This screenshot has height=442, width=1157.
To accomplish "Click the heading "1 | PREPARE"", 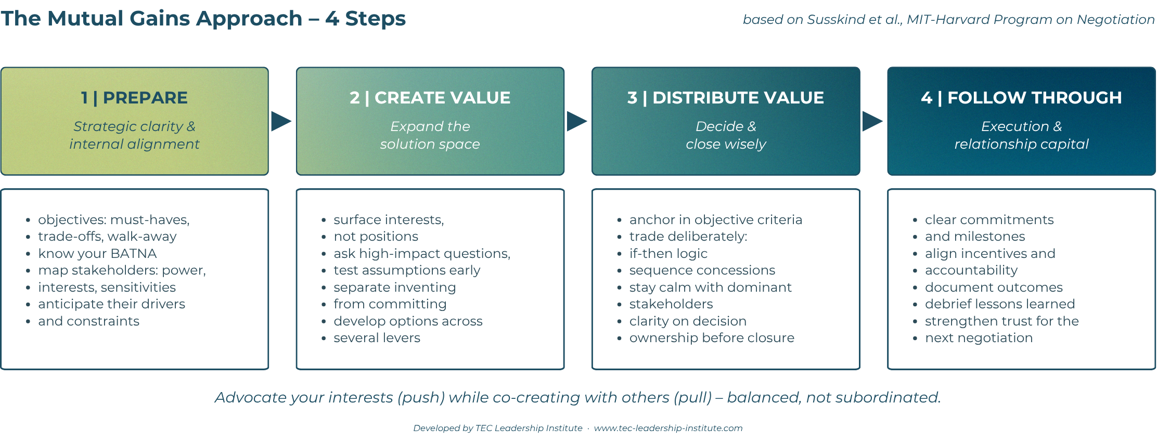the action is pos(134,98).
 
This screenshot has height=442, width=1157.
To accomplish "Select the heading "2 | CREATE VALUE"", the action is pos(430,98).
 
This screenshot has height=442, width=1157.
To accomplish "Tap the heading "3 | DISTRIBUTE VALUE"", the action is pos(726,98).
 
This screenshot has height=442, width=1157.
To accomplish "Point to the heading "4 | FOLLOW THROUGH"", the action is pos(1021,98).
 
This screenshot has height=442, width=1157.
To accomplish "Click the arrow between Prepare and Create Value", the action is pos(281,121).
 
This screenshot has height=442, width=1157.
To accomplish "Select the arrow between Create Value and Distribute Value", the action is pos(576,121).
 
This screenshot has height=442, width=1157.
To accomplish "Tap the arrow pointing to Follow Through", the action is pos(872,121).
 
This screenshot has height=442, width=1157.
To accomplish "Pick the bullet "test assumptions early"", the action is pos(407,270).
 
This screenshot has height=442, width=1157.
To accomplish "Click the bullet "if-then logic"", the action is pos(669,253).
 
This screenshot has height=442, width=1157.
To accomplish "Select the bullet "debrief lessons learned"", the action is pos(1000,304).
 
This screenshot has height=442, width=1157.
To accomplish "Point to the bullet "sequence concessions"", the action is pos(702,270).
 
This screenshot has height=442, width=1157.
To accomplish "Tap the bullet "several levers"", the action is pos(377,338).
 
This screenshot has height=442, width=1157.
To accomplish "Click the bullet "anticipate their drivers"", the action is pos(112,304).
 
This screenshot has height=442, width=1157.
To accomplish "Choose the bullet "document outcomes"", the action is pos(994,287).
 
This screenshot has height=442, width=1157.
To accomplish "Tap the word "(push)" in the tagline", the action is pos(421,397).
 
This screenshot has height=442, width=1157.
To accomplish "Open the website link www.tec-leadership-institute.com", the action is pos(669,428).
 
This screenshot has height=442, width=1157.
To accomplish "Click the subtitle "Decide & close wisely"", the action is pos(726,135).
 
